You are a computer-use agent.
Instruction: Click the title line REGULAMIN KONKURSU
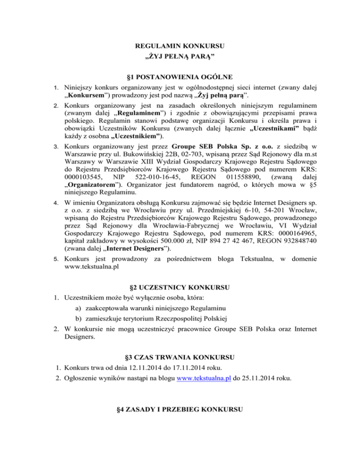click(x=180, y=46)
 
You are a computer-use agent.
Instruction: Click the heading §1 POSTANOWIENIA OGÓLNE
click(x=180, y=76)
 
